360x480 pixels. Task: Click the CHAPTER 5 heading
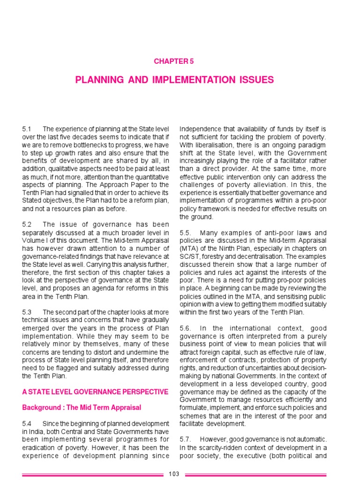[x=174, y=61]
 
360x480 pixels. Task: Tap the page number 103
[x=174, y=474]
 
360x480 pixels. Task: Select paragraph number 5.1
[x=27, y=129]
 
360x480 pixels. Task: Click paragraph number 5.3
[x=27, y=312]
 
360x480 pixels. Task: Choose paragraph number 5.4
[x=27, y=424]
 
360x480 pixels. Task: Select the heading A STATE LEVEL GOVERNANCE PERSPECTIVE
[x=95, y=391]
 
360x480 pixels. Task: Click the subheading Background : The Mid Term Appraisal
[x=82, y=407]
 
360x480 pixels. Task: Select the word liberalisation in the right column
[x=211, y=145]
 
